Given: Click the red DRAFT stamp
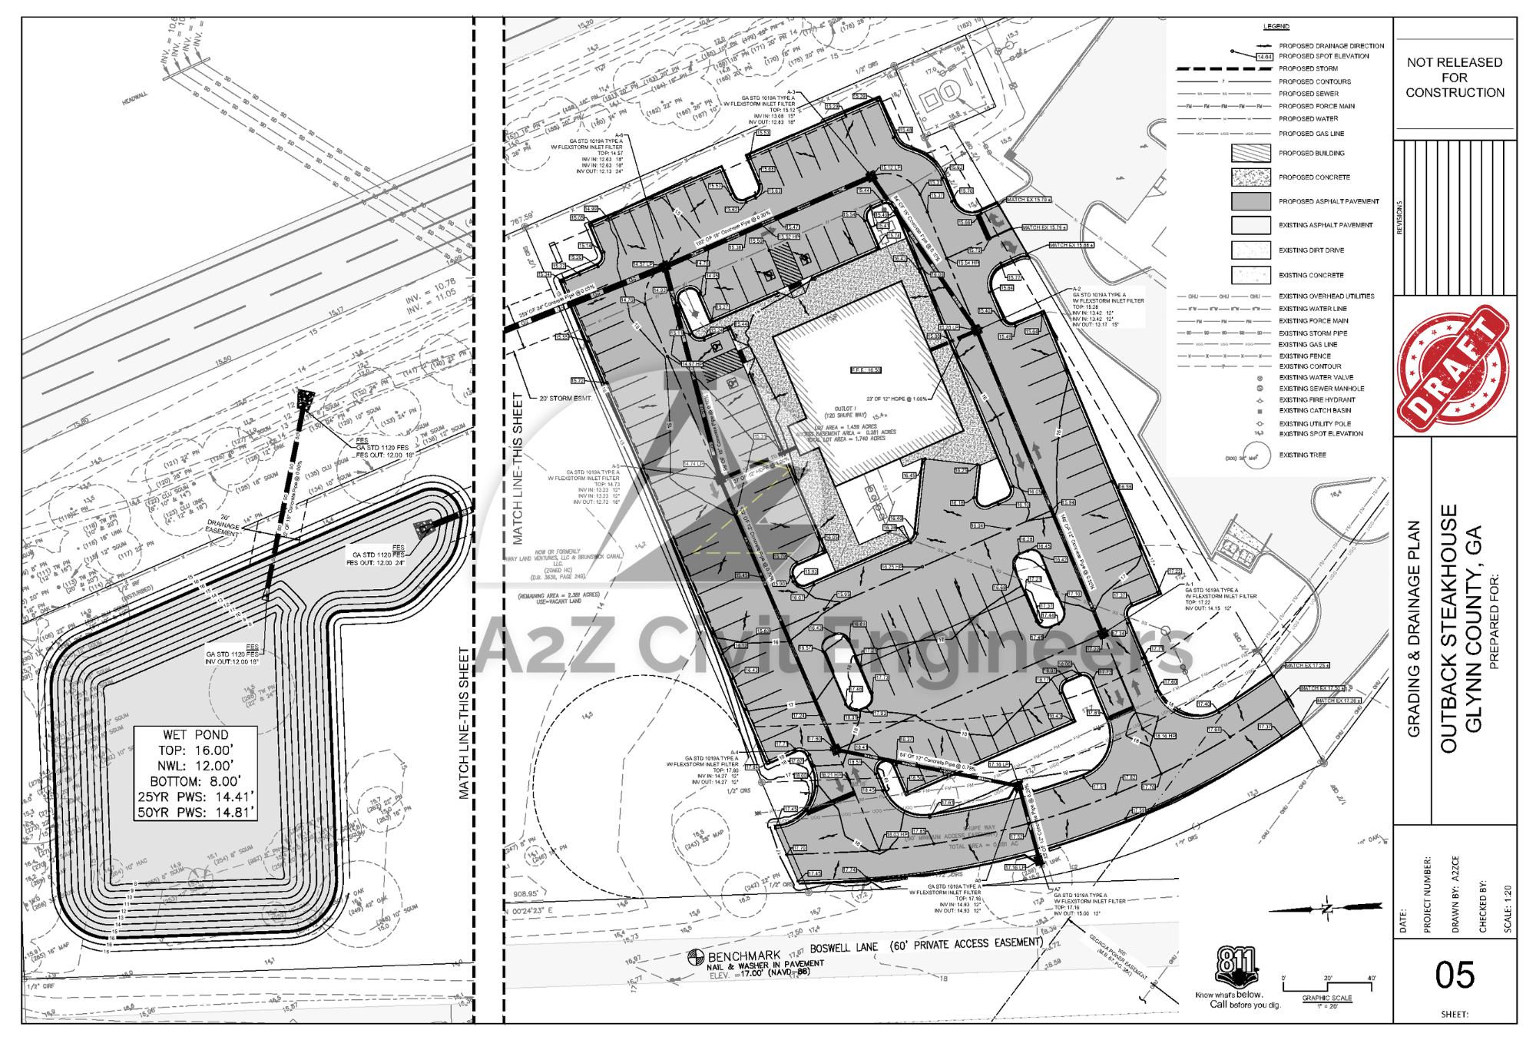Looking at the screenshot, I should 1452,368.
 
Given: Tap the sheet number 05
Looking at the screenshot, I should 1455,975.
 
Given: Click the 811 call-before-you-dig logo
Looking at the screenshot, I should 1236,966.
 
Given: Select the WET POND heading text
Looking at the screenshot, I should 195,735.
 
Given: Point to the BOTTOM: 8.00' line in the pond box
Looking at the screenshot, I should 195,781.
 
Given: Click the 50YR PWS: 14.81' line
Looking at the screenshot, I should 195,812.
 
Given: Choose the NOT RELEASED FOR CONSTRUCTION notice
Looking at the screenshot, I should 1455,78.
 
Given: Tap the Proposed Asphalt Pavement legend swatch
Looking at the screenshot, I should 1250,201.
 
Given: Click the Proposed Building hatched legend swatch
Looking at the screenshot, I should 1250,153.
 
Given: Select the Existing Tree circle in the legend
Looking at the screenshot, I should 1256,456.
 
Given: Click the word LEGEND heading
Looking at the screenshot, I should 1276,27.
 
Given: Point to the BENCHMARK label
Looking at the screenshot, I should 743,956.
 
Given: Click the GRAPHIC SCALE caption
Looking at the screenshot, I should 1326,999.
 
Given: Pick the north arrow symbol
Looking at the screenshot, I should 1326,909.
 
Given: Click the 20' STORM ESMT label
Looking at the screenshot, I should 565,399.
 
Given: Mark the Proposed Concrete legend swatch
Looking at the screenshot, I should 1250,177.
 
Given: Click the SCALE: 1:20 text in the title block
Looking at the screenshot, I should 1508,909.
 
